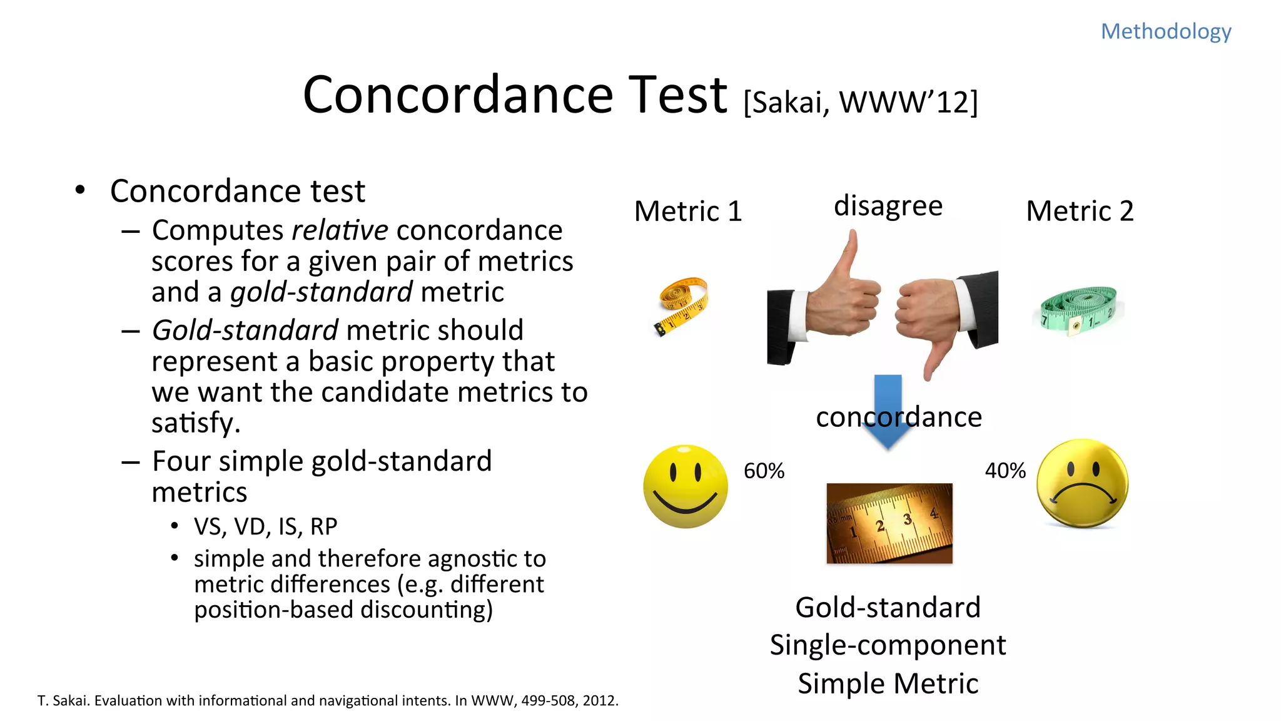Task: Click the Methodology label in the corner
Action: coord(1166,31)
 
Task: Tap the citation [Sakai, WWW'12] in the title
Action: coord(861,102)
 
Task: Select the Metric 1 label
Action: coord(688,212)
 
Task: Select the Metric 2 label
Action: coord(1080,212)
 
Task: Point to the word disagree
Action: coord(888,206)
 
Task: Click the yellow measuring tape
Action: coord(682,305)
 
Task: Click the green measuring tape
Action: coord(1078,310)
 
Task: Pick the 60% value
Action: coord(764,471)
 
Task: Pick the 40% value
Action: coord(1005,471)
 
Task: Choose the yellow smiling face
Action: coord(686,486)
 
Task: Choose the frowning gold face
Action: coord(1082,484)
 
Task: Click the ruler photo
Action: coord(889,523)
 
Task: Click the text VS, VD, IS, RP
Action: coord(265,527)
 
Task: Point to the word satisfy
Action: coord(196,423)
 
